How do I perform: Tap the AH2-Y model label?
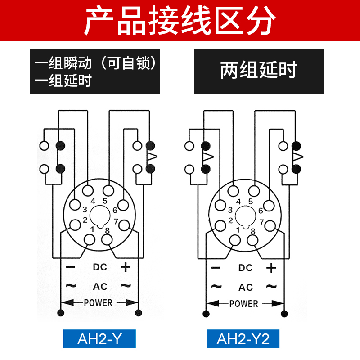coord(99,338)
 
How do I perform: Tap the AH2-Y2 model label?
coord(243,338)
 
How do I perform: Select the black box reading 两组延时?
coord(259,71)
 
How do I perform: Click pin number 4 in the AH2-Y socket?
coord(93,201)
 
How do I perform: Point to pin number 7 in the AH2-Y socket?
coord(116,221)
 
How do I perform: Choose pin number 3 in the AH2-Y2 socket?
coord(230,210)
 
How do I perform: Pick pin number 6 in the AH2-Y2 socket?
coord(261,210)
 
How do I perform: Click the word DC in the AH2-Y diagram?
coord(100,266)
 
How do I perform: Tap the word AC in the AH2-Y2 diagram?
coord(246,287)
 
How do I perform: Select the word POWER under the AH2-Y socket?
coord(98,302)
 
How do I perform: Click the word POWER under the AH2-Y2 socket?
coord(244,303)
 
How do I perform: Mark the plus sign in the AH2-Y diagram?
coord(125,266)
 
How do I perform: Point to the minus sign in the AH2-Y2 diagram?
coord(216,268)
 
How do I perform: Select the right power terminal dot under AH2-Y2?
coord(283,314)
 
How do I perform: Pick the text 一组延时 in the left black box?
coord(63,81)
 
